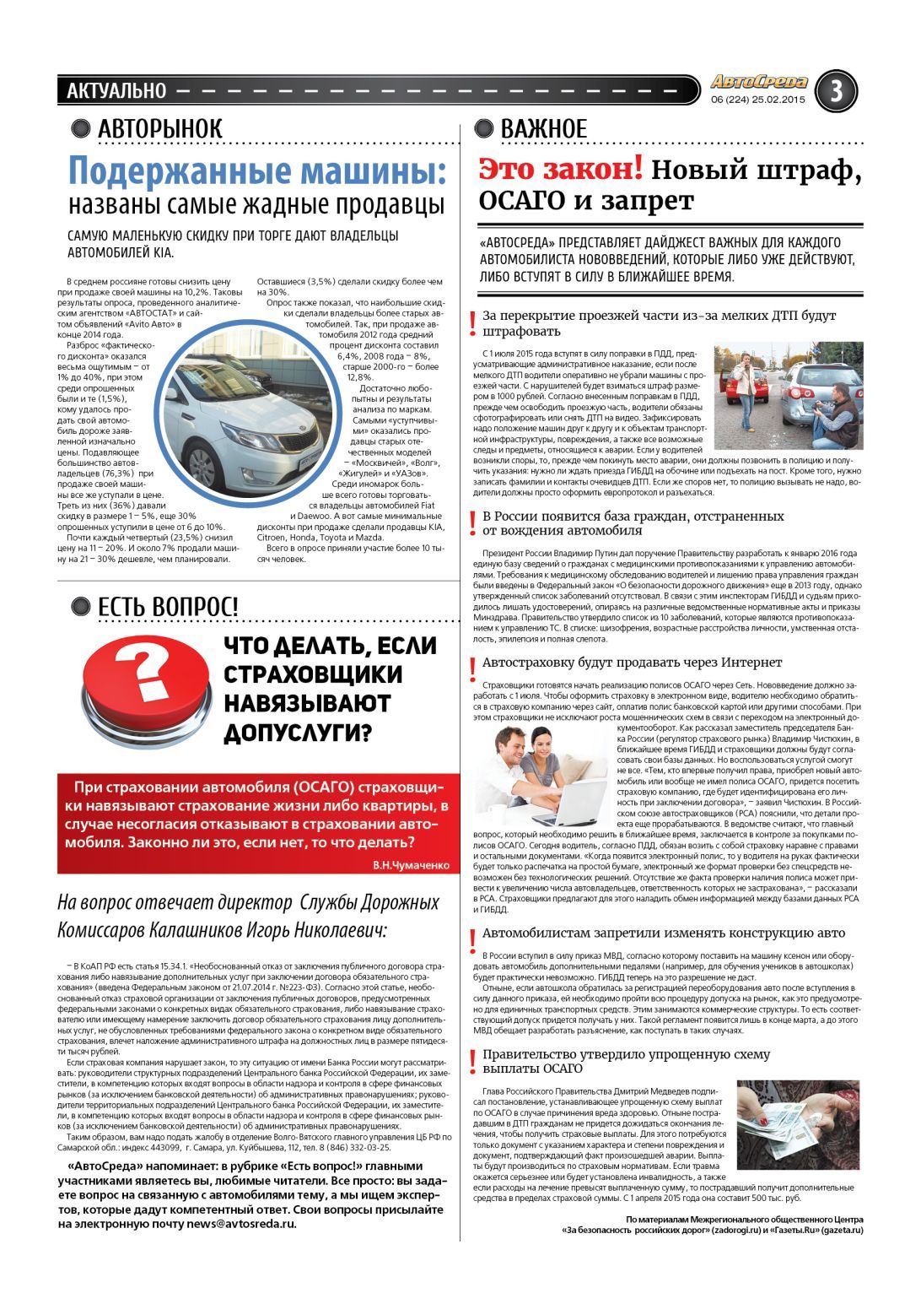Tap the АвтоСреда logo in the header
coord(758,82)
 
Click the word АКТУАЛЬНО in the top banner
coord(116,90)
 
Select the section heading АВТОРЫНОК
coord(159,129)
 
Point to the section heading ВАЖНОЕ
coord(543,129)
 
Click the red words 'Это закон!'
coord(560,170)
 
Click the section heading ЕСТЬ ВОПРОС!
coord(168,607)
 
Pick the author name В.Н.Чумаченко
coord(410,865)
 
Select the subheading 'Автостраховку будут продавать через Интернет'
coord(632,663)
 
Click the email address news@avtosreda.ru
coord(241,1223)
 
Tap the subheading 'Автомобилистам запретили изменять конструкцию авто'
coord(663,933)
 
